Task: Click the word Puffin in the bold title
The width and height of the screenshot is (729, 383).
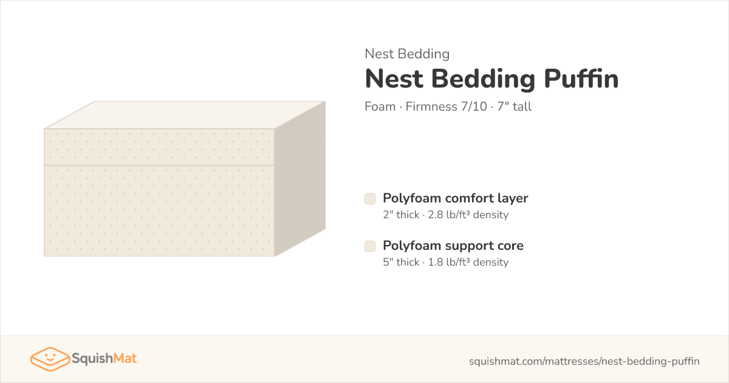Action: click(581, 79)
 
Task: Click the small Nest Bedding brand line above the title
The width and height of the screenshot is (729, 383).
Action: click(407, 53)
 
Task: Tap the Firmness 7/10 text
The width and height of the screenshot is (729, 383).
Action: click(446, 106)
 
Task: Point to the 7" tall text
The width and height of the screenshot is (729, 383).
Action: click(514, 106)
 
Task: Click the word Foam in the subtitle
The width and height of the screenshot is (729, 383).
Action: click(380, 106)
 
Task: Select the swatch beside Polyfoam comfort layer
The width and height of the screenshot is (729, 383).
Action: click(370, 199)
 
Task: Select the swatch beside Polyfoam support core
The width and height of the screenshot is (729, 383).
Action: click(370, 246)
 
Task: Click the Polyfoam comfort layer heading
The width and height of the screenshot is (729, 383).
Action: click(455, 198)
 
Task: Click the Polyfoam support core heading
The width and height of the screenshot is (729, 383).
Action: click(453, 246)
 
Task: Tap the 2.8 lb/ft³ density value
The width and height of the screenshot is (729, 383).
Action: click(468, 215)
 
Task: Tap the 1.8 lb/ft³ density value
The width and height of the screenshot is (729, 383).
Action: click(468, 262)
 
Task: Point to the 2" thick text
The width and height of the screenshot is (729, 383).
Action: click(401, 215)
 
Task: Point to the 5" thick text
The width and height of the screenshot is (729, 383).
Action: click(401, 262)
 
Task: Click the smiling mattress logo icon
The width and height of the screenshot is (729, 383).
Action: click(50, 359)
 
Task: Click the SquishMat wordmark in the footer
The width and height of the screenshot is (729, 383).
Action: click(104, 359)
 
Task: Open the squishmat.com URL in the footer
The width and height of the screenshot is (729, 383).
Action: click(584, 361)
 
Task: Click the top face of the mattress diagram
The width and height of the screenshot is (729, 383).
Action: click(185, 115)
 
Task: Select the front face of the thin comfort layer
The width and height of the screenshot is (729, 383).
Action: click(159, 147)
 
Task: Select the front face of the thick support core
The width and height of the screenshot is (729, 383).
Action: click(159, 211)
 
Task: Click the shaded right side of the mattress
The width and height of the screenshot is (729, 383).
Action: click(300, 179)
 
